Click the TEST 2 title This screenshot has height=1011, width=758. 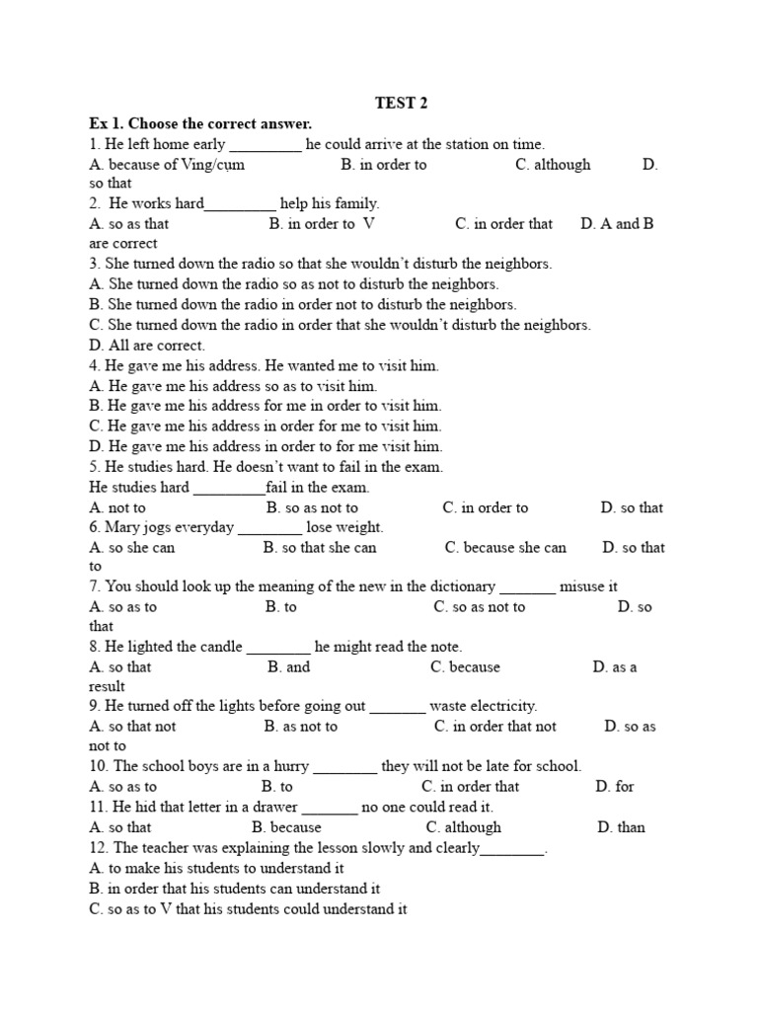(401, 103)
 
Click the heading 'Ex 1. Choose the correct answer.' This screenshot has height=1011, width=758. (200, 123)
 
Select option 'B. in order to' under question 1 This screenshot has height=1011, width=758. (384, 165)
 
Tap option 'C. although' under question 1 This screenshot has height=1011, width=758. (553, 165)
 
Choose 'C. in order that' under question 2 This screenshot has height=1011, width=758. (503, 224)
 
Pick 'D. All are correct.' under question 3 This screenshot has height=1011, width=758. (147, 346)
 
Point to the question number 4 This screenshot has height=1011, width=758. (94, 365)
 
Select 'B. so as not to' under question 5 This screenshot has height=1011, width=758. (312, 507)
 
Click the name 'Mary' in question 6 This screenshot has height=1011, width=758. (123, 527)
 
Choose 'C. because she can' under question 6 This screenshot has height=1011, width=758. (505, 548)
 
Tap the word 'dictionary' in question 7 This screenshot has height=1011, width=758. (458, 586)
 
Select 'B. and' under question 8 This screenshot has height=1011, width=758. (288, 667)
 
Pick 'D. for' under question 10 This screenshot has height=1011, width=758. (615, 787)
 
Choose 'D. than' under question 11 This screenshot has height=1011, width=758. (621, 827)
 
